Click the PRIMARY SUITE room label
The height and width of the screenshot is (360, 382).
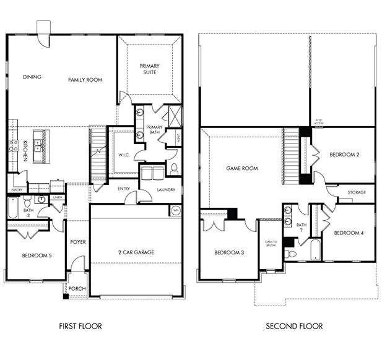149,69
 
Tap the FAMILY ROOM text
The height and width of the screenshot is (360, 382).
85,80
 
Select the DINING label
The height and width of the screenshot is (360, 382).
32,77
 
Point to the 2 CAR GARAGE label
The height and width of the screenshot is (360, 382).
136,252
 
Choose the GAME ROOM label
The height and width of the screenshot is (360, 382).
242,168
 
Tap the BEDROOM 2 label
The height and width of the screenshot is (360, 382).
345,154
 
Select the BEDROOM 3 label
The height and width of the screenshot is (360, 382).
230,252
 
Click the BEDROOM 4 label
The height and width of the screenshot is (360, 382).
349,233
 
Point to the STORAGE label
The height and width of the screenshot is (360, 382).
356,192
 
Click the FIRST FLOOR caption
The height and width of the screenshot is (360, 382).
80,326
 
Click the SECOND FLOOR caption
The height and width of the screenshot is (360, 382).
294,326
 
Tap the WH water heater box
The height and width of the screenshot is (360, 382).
176,210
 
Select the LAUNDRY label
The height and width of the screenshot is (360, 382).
165,190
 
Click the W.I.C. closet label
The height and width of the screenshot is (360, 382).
123,155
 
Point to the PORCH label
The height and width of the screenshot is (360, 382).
76,288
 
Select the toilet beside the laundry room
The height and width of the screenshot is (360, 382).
174,168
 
